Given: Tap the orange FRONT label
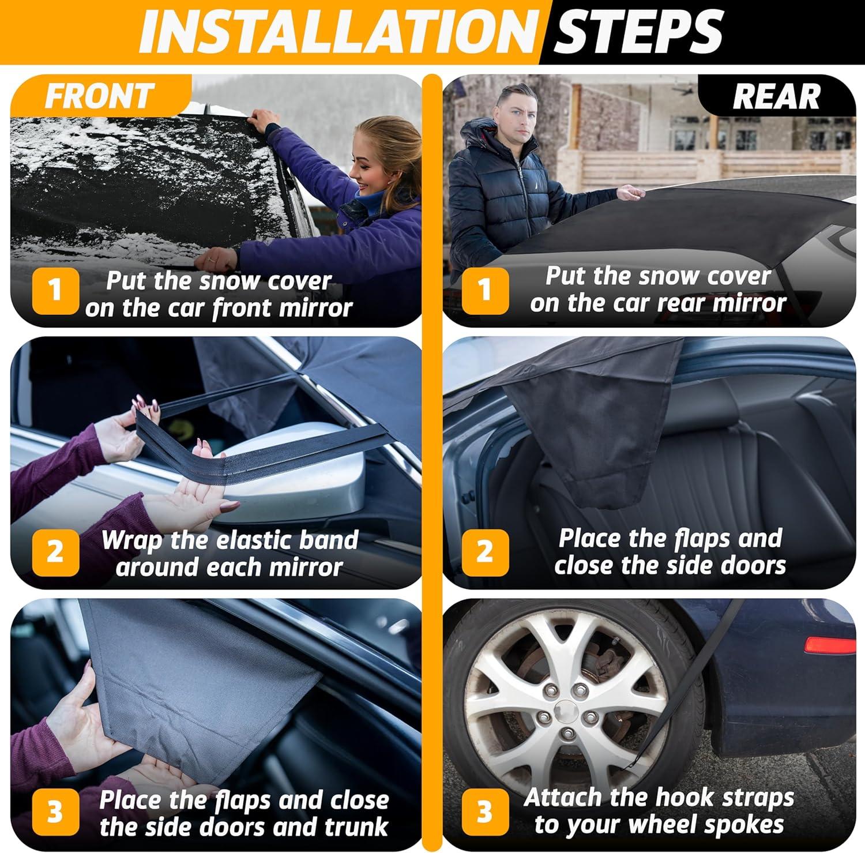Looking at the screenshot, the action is (x=99, y=96).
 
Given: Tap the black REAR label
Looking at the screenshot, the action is (x=776, y=96).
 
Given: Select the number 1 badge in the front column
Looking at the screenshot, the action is (x=55, y=291).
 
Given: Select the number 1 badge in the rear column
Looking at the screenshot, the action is (x=485, y=290).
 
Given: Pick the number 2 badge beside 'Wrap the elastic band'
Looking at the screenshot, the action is (x=55, y=552).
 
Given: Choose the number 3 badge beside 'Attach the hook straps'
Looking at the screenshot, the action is (x=485, y=811).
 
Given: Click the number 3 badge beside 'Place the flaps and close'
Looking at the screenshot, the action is (x=55, y=813).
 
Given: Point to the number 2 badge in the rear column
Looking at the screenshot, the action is (x=485, y=551).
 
